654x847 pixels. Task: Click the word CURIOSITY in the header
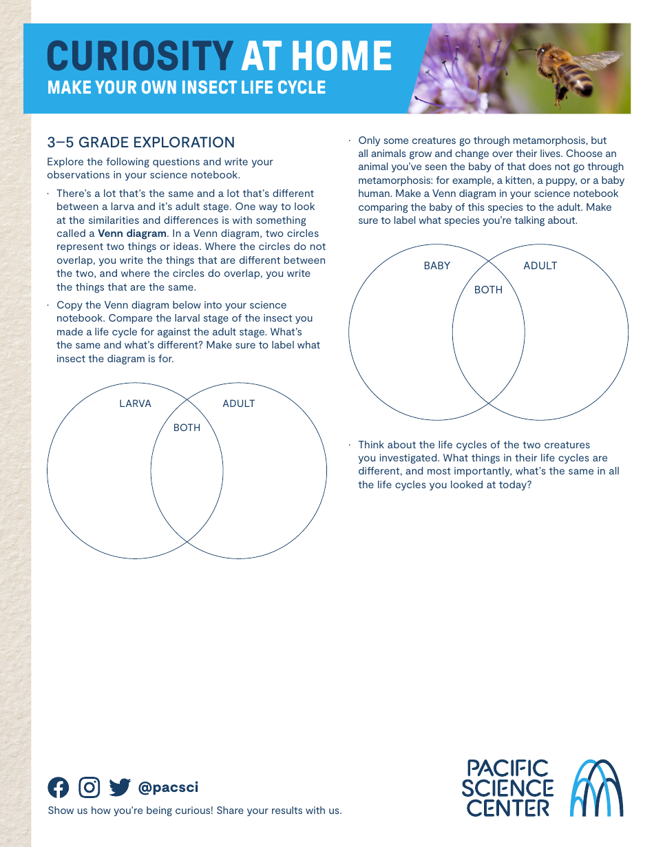[x=140, y=56]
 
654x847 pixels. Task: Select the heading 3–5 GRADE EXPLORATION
[x=141, y=143]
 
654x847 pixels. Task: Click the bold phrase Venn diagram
[x=132, y=233]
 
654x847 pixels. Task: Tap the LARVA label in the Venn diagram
[x=135, y=404]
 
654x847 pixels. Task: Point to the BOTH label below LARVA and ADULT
[x=187, y=428]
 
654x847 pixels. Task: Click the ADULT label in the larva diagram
[x=239, y=404]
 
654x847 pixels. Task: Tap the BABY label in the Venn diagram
[x=437, y=266]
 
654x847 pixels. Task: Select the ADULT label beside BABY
[x=540, y=266]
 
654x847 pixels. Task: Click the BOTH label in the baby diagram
[x=488, y=290]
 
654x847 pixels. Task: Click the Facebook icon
[x=59, y=787]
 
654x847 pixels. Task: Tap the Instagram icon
[x=89, y=787]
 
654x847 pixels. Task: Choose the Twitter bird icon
[x=120, y=787]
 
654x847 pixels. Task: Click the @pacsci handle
[x=168, y=788]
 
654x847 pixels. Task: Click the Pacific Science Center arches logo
[x=598, y=788]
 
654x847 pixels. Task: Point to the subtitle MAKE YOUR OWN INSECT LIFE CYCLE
[x=187, y=88]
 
